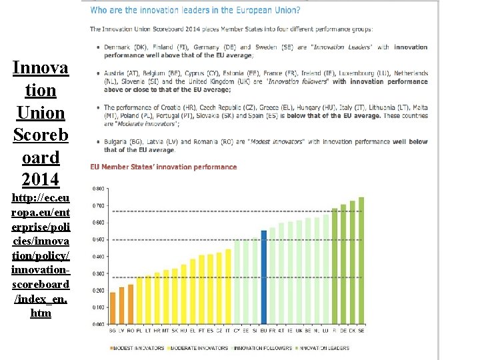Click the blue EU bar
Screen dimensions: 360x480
pyautogui.click(x=264, y=277)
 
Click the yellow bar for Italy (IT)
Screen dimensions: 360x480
pyautogui.click(x=228, y=286)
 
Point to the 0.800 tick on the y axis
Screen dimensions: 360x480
pyautogui.click(x=97, y=188)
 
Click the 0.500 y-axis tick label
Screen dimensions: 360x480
pyautogui.click(x=97, y=239)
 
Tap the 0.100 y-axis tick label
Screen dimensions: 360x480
pyautogui.click(x=97, y=307)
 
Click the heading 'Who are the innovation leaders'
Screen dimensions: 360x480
pyautogui.click(x=195, y=11)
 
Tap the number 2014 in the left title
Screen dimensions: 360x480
pyautogui.click(x=40, y=179)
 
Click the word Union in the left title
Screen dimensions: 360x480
pyautogui.click(x=40, y=113)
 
